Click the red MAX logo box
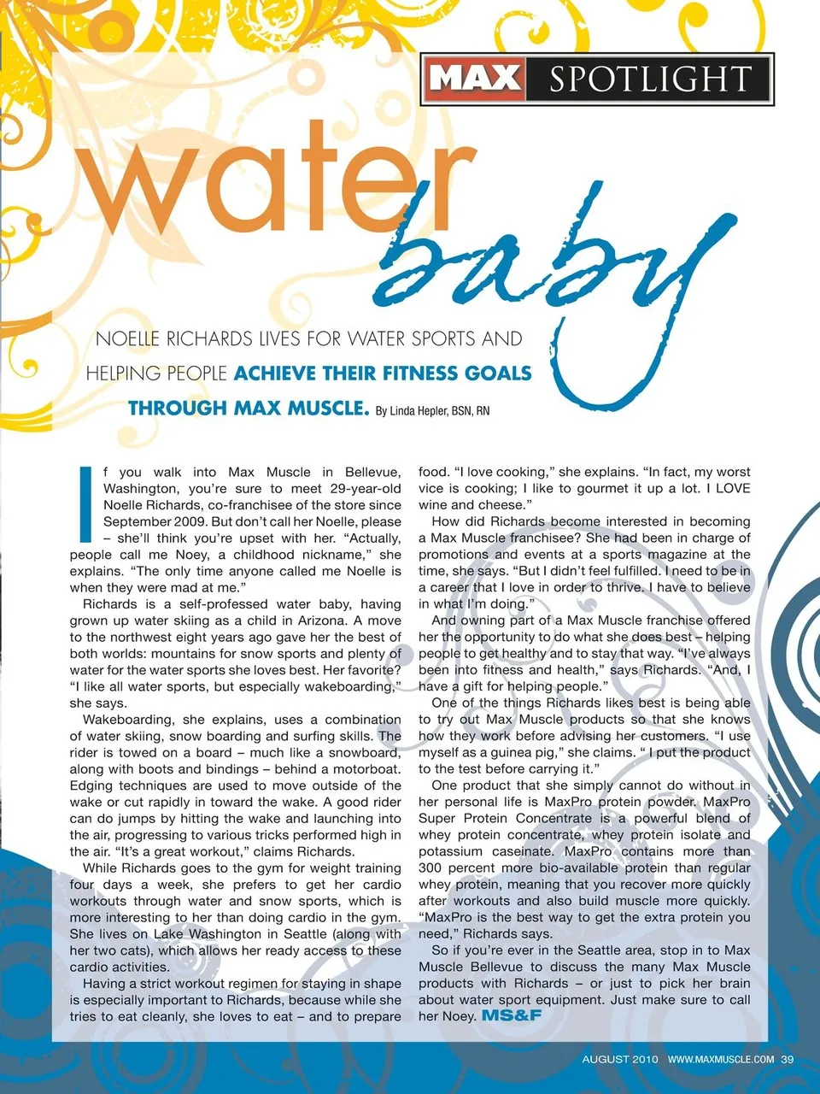475,79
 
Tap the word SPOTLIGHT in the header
649,79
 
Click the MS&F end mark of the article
512,1015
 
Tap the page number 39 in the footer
787,1059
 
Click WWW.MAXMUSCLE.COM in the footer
721,1059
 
